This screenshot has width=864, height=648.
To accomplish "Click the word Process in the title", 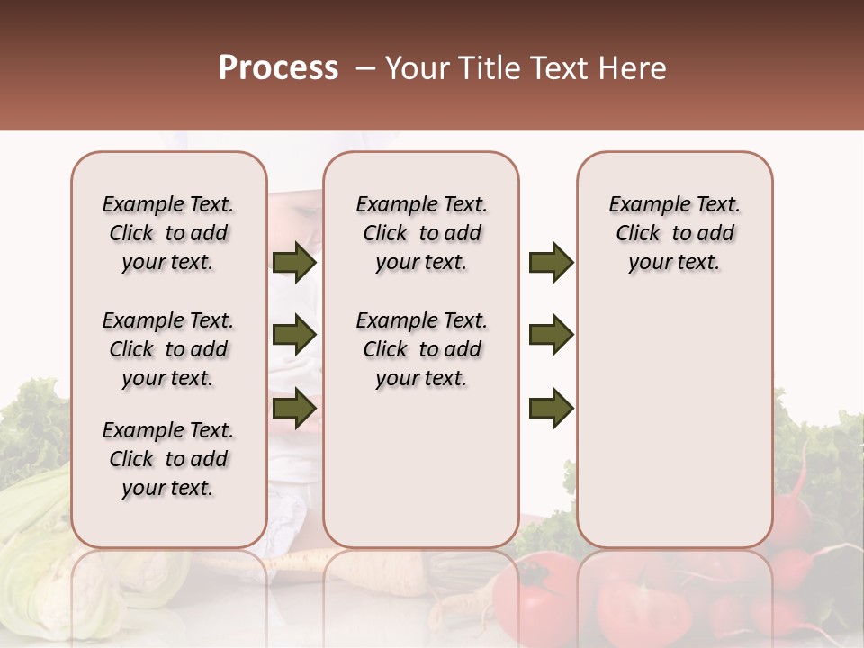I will tap(278, 68).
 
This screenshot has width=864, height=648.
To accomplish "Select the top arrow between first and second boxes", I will tap(294, 262).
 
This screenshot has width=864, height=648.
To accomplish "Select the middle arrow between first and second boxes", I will tap(294, 335).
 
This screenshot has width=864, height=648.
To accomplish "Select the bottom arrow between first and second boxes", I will tap(294, 408).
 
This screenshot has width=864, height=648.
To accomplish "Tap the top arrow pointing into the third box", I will tap(551, 262).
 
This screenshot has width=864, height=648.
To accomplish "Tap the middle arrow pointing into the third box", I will tap(551, 335).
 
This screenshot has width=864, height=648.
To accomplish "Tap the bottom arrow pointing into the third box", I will tap(551, 408).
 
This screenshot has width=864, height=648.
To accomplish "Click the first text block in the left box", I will tap(168, 233).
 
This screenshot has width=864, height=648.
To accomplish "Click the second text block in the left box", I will tap(168, 349).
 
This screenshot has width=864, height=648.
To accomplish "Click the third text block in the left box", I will tap(168, 459).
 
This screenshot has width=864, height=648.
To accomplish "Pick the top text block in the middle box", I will tap(421, 233).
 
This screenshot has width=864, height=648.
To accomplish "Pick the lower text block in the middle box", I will tap(421, 349).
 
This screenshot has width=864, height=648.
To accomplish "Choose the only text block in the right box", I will tap(674, 233).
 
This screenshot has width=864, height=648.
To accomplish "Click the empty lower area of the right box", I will tap(674, 432).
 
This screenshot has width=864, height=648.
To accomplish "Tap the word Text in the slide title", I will tap(558, 68).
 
